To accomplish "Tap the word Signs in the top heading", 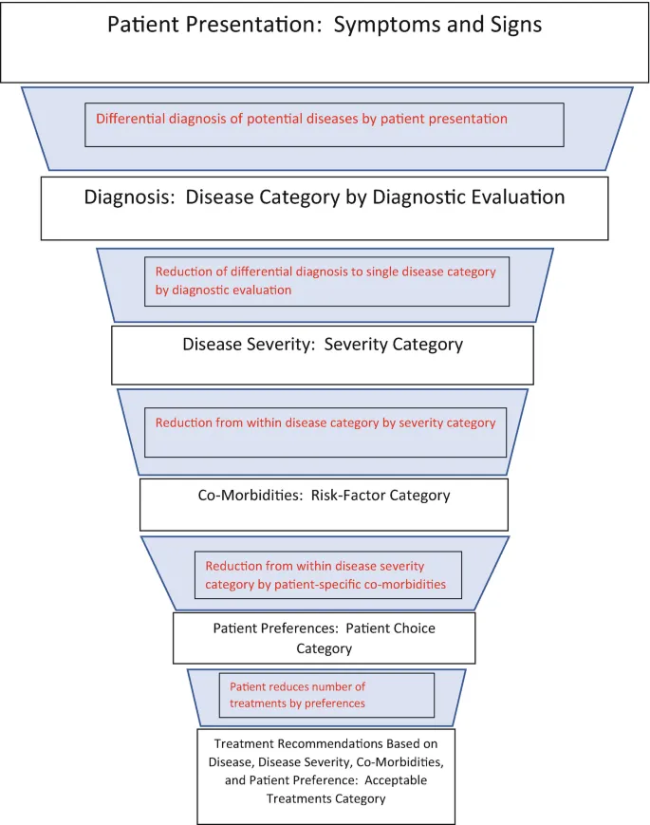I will pos(511,25).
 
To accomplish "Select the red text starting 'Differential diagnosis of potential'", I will pos(302,120).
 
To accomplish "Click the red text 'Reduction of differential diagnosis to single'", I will pos(325,272).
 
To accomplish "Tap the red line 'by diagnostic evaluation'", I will pos(223,291).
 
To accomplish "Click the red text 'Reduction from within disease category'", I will pos(325,422).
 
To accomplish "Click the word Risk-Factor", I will pos(349,496).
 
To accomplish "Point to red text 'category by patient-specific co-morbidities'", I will pos(325,585).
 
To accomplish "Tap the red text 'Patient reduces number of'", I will pos(297,686).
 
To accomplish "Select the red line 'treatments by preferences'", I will pos(297,703).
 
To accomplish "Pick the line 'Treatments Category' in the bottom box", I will pos(325,798).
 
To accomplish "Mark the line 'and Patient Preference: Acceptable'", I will pos(325,780).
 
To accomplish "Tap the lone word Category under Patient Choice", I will pos(324,649).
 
